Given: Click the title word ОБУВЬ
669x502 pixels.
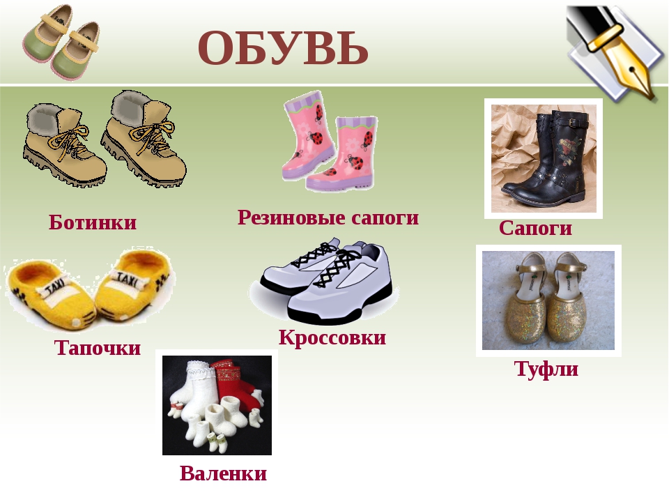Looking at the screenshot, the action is click(283, 48).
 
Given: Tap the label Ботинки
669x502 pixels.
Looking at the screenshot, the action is click(93, 222).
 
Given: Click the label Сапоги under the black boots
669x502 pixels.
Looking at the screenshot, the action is click(535, 228).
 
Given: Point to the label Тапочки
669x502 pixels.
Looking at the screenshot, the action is click(98, 347).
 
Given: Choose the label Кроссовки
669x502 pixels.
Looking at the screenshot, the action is click(332, 337).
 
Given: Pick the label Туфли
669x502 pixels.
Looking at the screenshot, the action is click(546, 369).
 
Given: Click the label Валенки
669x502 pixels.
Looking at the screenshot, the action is click(223, 473).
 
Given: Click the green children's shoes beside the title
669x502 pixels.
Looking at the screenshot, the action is click(61, 40).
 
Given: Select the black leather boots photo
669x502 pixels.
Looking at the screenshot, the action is click(544, 159).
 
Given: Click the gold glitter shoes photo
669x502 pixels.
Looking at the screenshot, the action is click(548, 301).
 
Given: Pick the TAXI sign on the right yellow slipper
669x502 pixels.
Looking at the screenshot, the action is click(128, 278).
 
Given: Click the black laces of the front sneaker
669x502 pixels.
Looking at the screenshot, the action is click(339, 267).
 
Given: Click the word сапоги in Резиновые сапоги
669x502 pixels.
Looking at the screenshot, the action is click(385, 218).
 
